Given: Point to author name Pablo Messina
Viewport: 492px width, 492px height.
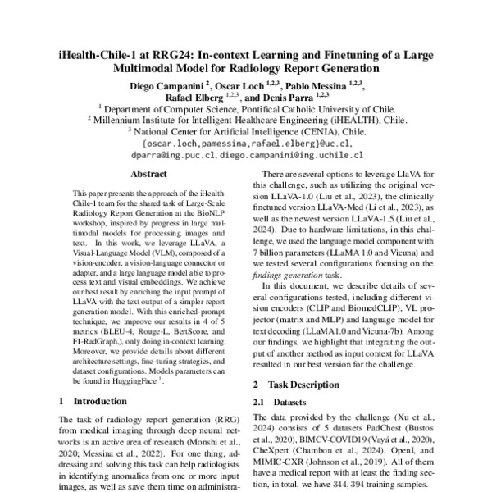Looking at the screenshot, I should [x=321, y=84].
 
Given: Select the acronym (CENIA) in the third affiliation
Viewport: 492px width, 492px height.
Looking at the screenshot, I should [x=327, y=130].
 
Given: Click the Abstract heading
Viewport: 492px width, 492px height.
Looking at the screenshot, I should [x=149, y=174].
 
